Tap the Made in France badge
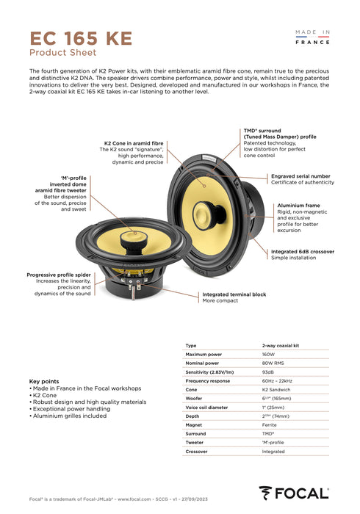point(312,37)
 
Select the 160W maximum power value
point(269,354)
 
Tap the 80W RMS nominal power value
point(273,363)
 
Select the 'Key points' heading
point(44,382)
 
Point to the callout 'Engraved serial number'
point(300,176)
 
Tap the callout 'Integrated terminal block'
point(234,294)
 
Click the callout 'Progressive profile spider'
point(60,275)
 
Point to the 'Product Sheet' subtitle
point(62,53)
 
